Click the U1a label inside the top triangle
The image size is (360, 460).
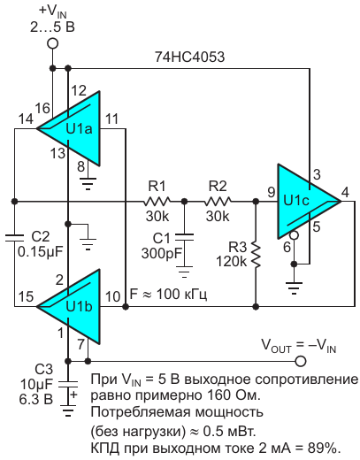(x=79, y=129)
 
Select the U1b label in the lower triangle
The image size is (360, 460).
(x=79, y=307)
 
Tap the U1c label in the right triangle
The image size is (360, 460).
(x=296, y=201)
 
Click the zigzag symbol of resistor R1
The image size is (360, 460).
(x=157, y=202)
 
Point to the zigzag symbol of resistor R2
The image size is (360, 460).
(x=218, y=202)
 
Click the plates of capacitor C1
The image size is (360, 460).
(x=184, y=237)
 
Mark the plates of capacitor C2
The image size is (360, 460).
(x=14, y=238)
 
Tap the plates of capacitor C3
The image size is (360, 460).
(x=68, y=384)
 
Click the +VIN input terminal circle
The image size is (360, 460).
(x=53, y=43)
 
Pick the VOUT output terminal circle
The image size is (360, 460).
(x=301, y=361)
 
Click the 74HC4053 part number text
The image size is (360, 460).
(x=189, y=57)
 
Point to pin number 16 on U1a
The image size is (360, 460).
(x=42, y=108)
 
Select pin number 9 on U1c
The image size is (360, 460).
(x=272, y=192)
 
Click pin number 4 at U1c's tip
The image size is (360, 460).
(x=345, y=192)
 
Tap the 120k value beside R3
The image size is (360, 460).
(x=231, y=261)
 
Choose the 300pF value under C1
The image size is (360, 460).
(x=162, y=253)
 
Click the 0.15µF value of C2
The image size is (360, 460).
(x=41, y=251)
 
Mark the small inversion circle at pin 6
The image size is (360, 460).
(x=294, y=235)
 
